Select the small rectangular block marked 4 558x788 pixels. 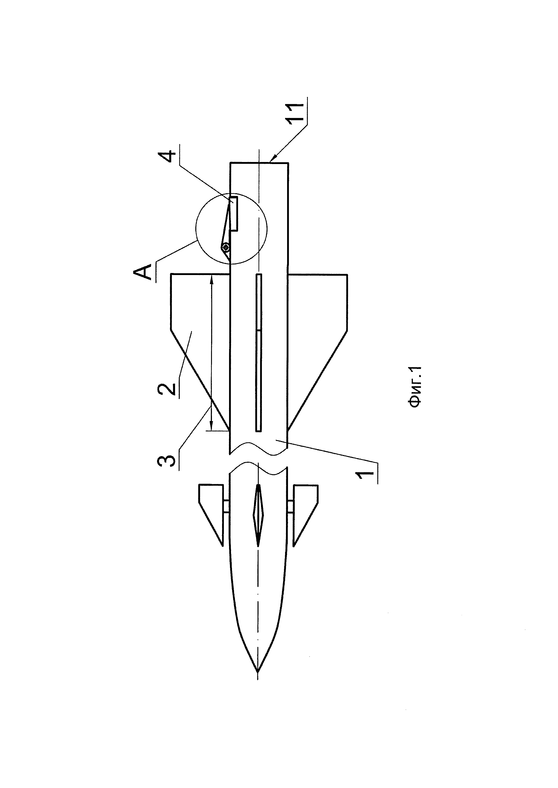click(234, 213)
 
